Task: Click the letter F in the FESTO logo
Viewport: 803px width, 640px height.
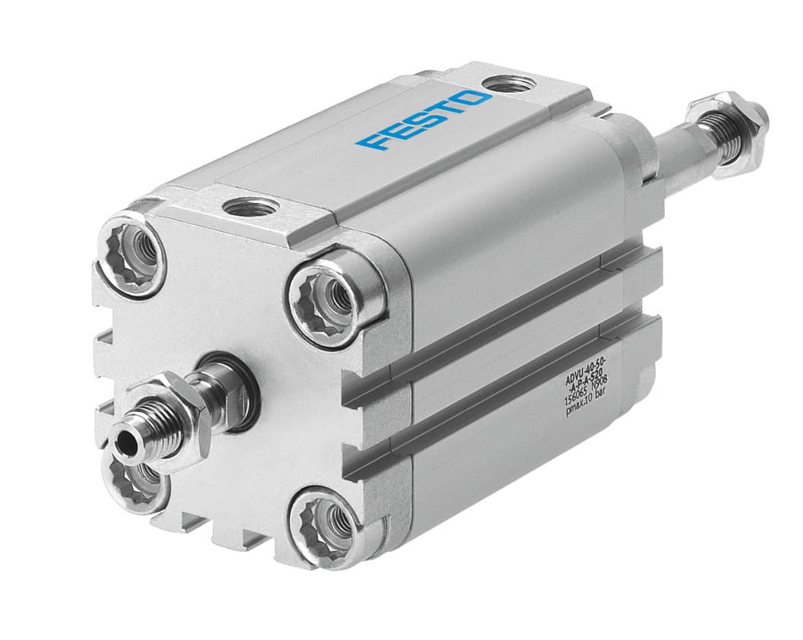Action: (x=373, y=141)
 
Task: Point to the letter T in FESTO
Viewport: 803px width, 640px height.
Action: (x=448, y=110)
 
